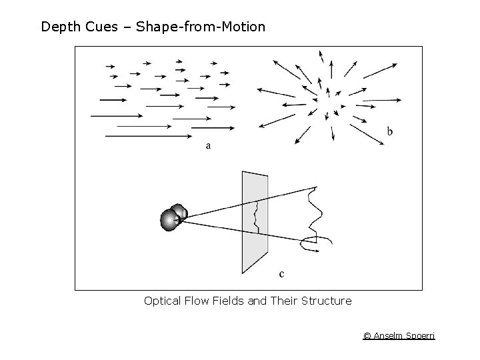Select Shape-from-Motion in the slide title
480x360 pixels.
pyautogui.click(x=201, y=27)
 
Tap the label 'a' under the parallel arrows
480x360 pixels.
pyautogui.click(x=208, y=145)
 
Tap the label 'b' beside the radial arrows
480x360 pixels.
pyautogui.click(x=390, y=131)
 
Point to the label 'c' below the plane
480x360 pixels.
pyautogui.click(x=281, y=273)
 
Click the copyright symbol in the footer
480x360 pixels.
pyautogui.click(x=367, y=336)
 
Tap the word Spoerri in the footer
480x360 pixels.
pyautogui.click(x=420, y=336)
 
